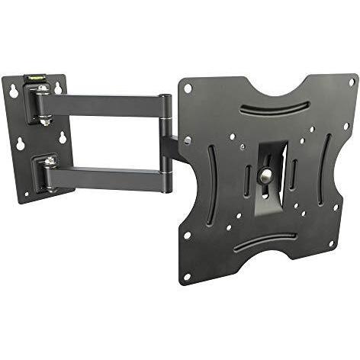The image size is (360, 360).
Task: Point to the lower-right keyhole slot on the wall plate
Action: point(60,138)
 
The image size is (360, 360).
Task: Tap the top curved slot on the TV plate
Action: point(275,108)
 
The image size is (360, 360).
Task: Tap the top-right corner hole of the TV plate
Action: point(352,82)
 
